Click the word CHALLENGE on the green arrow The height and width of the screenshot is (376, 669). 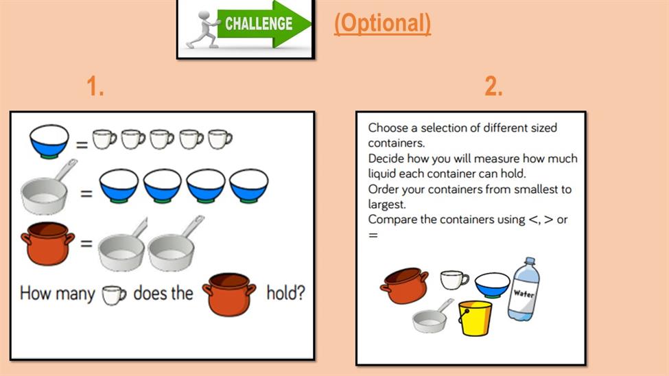[x=259, y=24]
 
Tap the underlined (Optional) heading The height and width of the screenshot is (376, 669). [x=382, y=23]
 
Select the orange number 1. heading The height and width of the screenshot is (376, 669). [x=95, y=86]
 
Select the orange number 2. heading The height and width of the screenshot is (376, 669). [x=493, y=86]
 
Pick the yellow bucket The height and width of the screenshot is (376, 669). [x=474, y=318]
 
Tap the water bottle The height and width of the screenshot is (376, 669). [x=524, y=290]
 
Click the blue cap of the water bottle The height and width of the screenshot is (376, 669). [x=530, y=260]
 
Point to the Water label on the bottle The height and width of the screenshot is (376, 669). [x=524, y=294]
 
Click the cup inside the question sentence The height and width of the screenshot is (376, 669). [x=114, y=295]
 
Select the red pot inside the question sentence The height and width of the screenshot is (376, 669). [x=229, y=294]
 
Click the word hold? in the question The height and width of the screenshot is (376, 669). [x=286, y=293]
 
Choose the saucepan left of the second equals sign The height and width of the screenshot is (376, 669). [x=46, y=189]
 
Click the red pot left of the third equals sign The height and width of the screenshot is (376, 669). [x=47, y=244]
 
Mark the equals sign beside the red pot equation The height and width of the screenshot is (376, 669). [x=86, y=244]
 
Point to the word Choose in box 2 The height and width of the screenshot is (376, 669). [x=388, y=128]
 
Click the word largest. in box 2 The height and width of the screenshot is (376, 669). [x=386, y=204]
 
